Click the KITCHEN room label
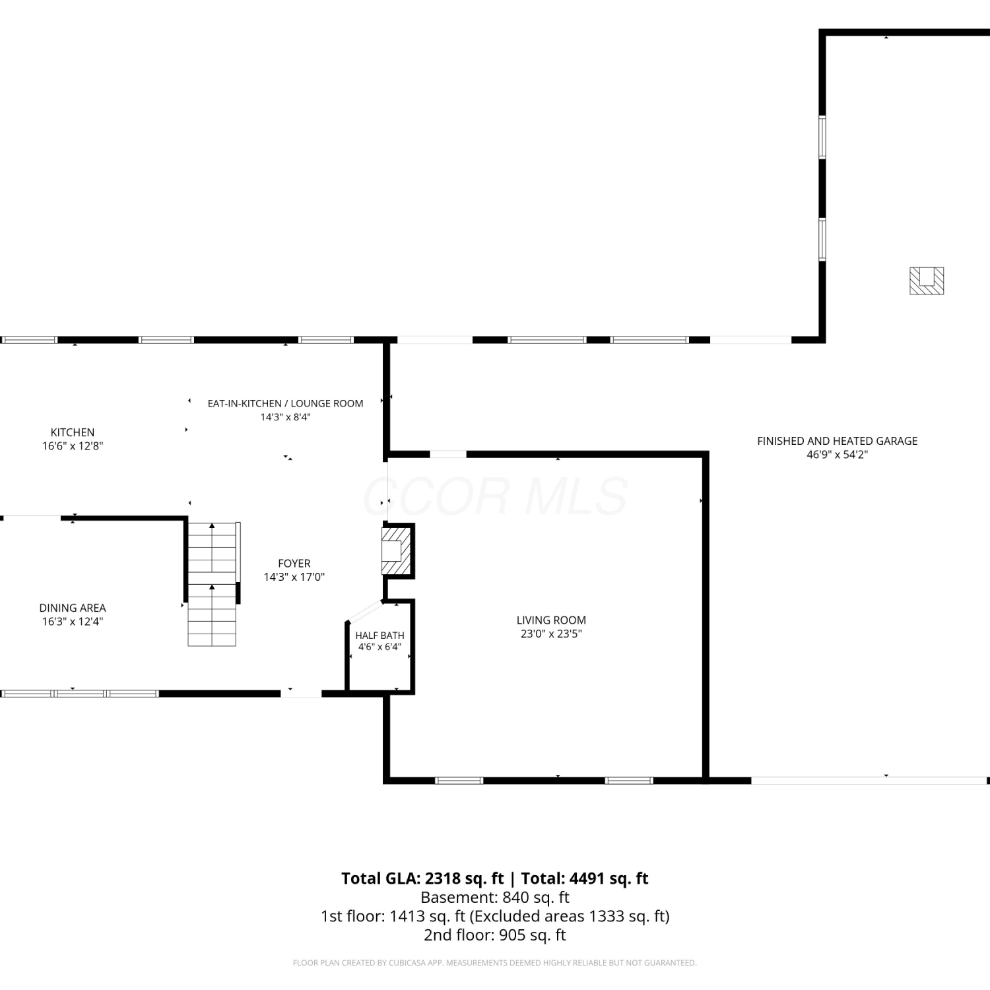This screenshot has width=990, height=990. tap(73, 432)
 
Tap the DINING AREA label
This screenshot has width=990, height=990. tap(73, 608)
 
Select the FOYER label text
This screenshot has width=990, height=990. tap(294, 563)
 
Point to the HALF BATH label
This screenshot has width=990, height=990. tap(379, 636)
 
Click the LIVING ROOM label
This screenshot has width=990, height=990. tap(551, 620)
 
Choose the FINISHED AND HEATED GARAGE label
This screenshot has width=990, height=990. tap(837, 441)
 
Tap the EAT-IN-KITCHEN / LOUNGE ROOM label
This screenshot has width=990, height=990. tap(285, 403)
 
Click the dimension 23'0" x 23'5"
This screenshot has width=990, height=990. tap(551, 634)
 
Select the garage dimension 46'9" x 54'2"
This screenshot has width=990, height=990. tap(837, 454)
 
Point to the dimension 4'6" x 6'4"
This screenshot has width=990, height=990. tap(379, 647)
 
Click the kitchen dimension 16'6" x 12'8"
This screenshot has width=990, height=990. tap(73, 445)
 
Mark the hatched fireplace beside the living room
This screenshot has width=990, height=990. tap(397, 550)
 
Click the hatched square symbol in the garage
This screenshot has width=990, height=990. tap(927, 280)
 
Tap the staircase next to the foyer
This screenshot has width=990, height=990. tap(213, 583)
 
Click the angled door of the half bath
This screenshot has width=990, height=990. tap(365, 612)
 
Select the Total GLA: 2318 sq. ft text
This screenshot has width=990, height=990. tap(422, 878)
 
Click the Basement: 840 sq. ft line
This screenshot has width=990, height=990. tap(495, 898)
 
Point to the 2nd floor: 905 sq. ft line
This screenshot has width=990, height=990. tap(495, 935)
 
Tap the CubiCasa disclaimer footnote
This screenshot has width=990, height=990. tap(495, 963)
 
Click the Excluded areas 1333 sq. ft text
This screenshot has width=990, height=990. tap(570, 916)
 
